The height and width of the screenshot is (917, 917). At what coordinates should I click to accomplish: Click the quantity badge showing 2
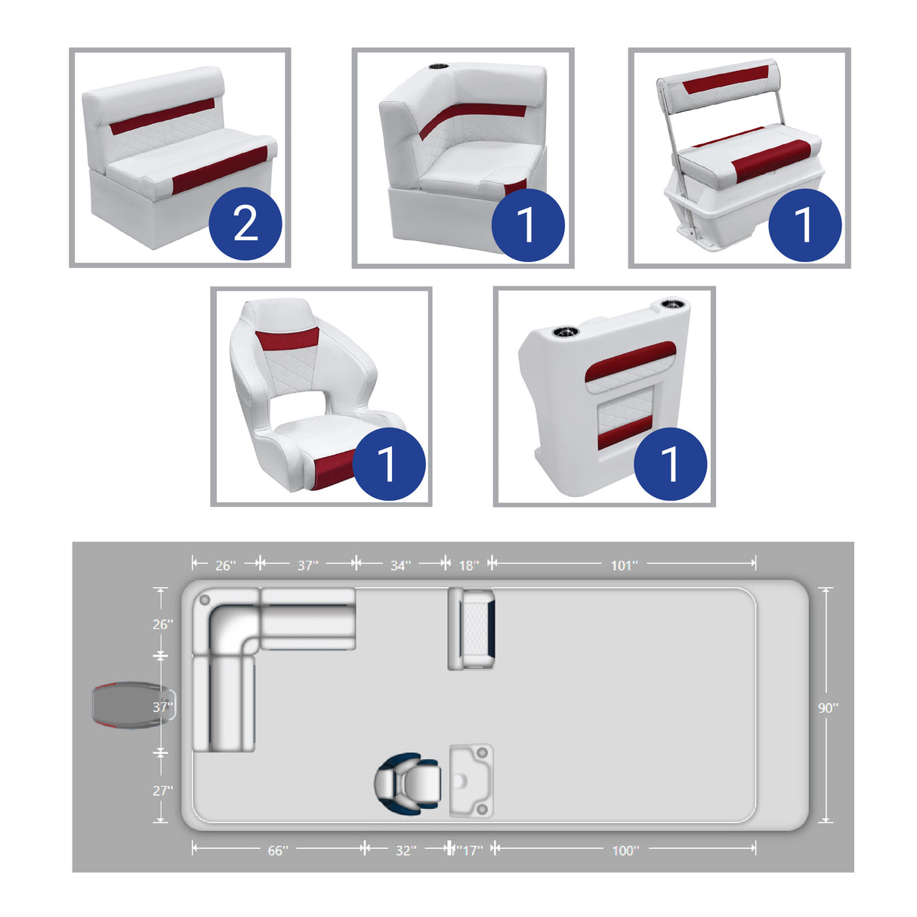pos(245,224)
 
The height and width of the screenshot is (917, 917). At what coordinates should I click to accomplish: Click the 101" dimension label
pos(624,565)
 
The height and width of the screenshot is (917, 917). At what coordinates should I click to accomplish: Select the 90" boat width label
pos(828,708)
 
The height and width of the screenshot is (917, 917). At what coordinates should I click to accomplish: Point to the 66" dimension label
pos(277,851)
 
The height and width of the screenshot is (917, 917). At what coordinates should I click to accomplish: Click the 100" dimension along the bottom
pos(625,851)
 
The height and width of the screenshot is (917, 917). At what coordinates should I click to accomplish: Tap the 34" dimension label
pos(400,565)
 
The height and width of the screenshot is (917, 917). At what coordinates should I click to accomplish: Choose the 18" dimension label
pos(468,565)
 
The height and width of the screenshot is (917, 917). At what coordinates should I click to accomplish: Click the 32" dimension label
pos(406,851)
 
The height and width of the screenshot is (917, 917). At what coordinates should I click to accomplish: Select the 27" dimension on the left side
pos(162,790)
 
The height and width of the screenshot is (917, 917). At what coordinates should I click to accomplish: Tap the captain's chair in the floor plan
pos(408,783)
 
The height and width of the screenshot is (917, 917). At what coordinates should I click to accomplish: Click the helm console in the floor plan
pos(471,780)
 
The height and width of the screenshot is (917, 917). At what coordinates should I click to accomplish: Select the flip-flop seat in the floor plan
pos(471,628)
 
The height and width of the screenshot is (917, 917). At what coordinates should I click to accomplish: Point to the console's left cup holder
pos(563,332)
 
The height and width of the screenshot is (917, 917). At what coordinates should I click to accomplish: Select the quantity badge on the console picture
pos(670,464)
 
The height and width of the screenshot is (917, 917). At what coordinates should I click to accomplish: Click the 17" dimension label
pos(471,851)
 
